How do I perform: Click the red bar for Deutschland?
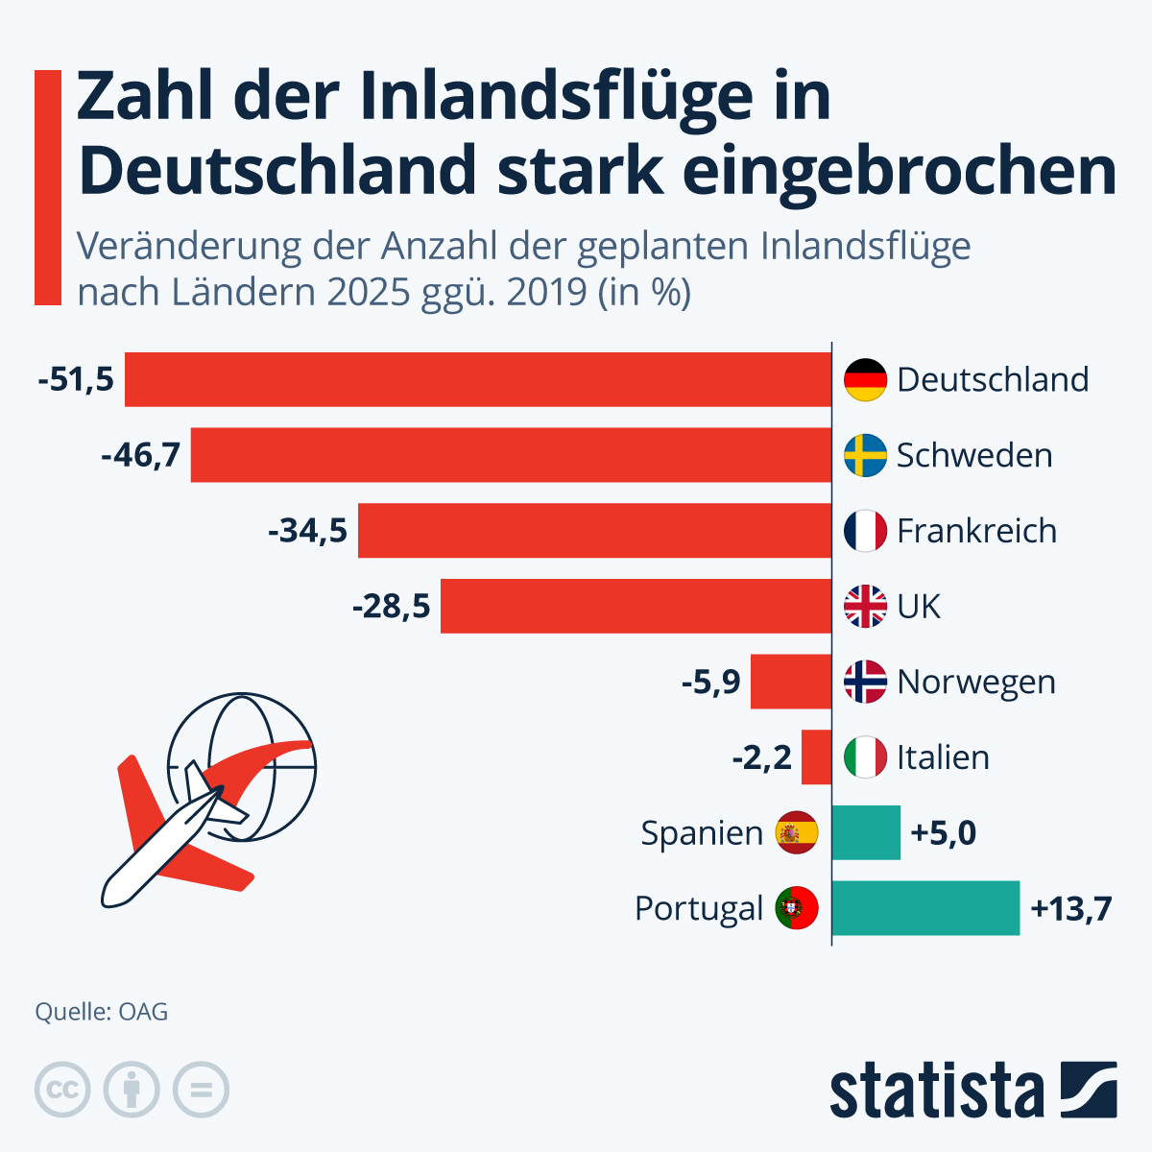(x=478, y=379)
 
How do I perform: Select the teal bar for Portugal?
(x=925, y=908)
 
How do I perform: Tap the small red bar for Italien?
(x=817, y=757)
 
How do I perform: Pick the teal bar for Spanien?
(x=866, y=832)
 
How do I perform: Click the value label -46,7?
(x=141, y=455)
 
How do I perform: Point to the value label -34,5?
(x=308, y=531)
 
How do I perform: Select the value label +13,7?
(x=1070, y=908)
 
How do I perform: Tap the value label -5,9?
(x=711, y=683)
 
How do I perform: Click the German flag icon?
(x=865, y=380)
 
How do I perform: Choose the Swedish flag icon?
(x=865, y=455)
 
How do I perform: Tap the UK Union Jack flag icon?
(x=865, y=607)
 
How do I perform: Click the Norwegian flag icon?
(x=865, y=683)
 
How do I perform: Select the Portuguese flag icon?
(x=797, y=908)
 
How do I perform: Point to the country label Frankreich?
(x=976, y=531)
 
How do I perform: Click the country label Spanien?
(x=702, y=833)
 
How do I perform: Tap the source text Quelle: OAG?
(x=102, y=1012)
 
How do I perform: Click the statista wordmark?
(x=936, y=1091)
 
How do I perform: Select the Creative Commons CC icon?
(x=62, y=1091)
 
